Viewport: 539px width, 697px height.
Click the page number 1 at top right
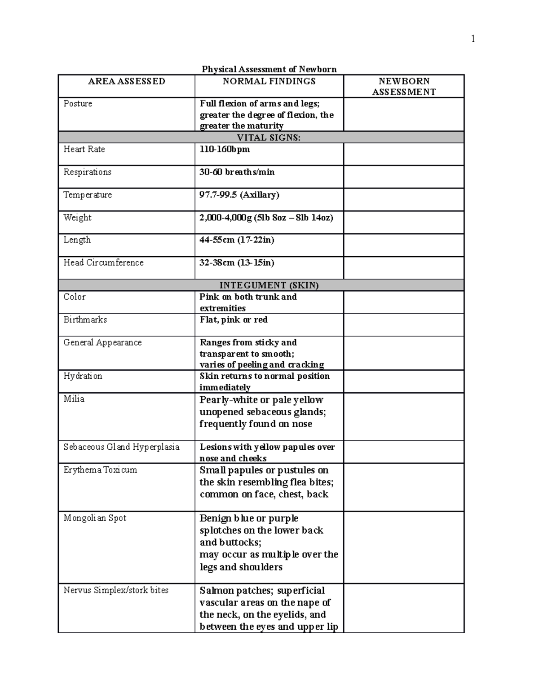pyautogui.click(x=473, y=39)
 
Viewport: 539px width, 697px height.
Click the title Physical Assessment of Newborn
pyautogui.click(x=269, y=69)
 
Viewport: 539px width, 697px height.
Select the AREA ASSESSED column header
pyautogui.click(x=127, y=81)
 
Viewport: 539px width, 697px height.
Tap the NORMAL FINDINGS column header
pyautogui.click(x=269, y=81)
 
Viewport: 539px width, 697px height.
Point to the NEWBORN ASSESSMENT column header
pyautogui.click(x=404, y=87)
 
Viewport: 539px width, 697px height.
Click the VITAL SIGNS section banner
pyautogui.click(x=269, y=138)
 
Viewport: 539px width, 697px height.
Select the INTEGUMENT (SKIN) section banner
pyautogui.click(x=269, y=285)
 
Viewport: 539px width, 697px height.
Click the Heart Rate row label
pyautogui.click(x=84, y=149)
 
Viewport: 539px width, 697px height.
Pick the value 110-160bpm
pyautogui.click(x=225, y=149)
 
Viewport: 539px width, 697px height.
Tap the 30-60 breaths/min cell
pyautogui.click(x=237, y=172)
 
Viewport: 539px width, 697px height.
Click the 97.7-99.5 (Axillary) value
pyautogui.click(x=239, y=195)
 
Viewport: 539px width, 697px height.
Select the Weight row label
pyautogui.click(x=77, y=218)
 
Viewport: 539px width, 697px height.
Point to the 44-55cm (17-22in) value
pyautogui.click(x=237, y=240)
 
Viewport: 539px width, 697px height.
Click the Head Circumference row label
pyautogui.click(x=103, y=263)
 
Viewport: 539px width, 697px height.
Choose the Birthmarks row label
pyautogui.click(x=85, y=320)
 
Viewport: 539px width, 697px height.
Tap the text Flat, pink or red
pyautogui.click(x=234, y=320)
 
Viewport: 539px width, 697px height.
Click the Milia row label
pyautogui.click(x=74, y=399)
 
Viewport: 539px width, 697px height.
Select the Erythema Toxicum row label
pyautogui.click(x=100, y=470)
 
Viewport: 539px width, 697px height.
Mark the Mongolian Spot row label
pyautogui.click(x=95, y=518)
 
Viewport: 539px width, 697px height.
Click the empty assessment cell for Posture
pyautogui.click(x=403, y=114)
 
